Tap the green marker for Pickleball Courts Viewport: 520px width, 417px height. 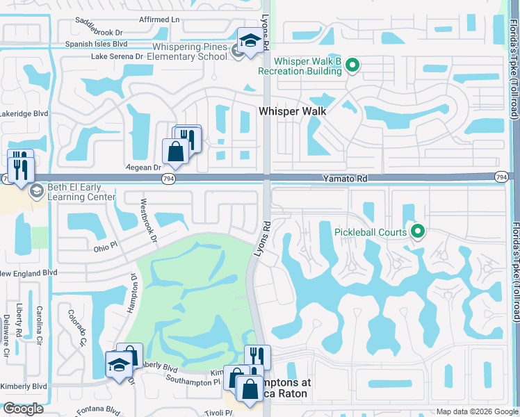(418, 231)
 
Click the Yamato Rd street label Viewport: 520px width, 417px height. (344, 179)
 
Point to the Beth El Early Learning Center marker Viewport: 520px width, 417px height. (36, 193)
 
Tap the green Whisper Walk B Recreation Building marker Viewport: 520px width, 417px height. (352, 66)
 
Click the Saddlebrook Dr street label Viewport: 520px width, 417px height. (98, 32)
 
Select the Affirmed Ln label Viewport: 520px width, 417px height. (159, 19)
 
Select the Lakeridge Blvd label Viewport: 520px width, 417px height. (24, 113)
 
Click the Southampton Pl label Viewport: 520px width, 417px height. (193, 381)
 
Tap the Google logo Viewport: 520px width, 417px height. (23, 409)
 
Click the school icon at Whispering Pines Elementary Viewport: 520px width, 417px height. (249, 39)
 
